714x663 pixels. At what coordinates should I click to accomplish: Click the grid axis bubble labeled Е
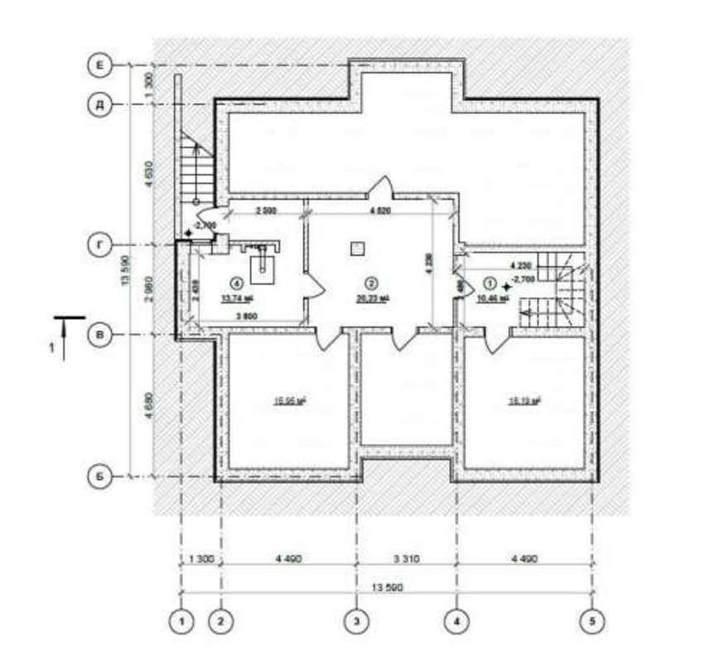coord(99,65)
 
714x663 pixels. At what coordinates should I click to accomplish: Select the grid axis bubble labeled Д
coord(99,104)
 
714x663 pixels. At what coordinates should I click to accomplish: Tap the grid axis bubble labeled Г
coord(99,245)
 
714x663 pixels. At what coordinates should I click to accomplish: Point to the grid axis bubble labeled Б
coord(99,477)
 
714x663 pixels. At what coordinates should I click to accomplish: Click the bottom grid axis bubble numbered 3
coord(356,619)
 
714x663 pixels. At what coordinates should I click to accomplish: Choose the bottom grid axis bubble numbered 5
coord(591,619)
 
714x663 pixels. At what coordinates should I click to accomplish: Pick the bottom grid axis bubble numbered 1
coord(181,619)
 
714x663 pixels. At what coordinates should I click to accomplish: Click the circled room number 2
coord(372,282)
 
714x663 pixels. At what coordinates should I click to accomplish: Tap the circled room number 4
coord(235,282)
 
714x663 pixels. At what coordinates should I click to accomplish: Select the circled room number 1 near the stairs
coord(487,282)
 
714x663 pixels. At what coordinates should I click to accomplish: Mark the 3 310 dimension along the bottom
coord(406,559)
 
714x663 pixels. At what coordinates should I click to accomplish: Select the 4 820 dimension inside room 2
coord(381,211)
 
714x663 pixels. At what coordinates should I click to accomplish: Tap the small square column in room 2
coord(357,247)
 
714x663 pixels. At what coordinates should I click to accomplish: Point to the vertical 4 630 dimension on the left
coord(148,174)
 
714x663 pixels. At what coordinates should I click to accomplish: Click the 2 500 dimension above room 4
coord(265,211)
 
